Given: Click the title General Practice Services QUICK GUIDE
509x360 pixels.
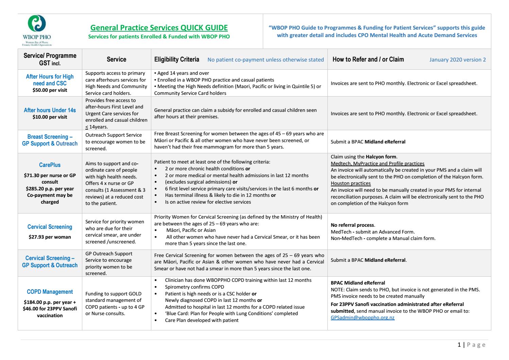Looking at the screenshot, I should (159, 28).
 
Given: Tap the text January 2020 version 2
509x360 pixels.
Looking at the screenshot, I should (457, 60).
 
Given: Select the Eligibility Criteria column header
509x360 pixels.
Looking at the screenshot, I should (176, 59).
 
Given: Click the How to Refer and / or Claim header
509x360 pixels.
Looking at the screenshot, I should (368, 59).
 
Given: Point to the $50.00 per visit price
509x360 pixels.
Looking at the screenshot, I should (50, 90).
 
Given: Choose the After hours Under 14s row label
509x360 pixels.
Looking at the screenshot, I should (50, 110).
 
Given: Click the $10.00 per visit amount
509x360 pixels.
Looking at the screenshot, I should (50, 117).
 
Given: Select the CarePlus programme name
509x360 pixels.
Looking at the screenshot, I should (50, 165).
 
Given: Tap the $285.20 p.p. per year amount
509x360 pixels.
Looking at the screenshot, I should (50, 189).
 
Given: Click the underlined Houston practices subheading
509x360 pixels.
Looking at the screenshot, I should (351, 183).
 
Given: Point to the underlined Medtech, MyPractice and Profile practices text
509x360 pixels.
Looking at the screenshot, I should (377, 164).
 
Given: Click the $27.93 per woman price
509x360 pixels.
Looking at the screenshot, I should (50, 237).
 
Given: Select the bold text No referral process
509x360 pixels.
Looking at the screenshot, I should (353, 225).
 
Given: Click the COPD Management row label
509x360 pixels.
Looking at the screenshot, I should (50, 292).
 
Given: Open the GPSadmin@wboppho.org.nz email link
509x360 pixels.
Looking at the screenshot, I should (362, 318).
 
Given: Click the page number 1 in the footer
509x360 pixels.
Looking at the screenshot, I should (459, 345).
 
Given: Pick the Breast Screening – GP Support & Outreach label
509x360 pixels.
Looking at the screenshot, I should (50, 140).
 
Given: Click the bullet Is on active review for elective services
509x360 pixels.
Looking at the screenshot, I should (208, 202).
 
